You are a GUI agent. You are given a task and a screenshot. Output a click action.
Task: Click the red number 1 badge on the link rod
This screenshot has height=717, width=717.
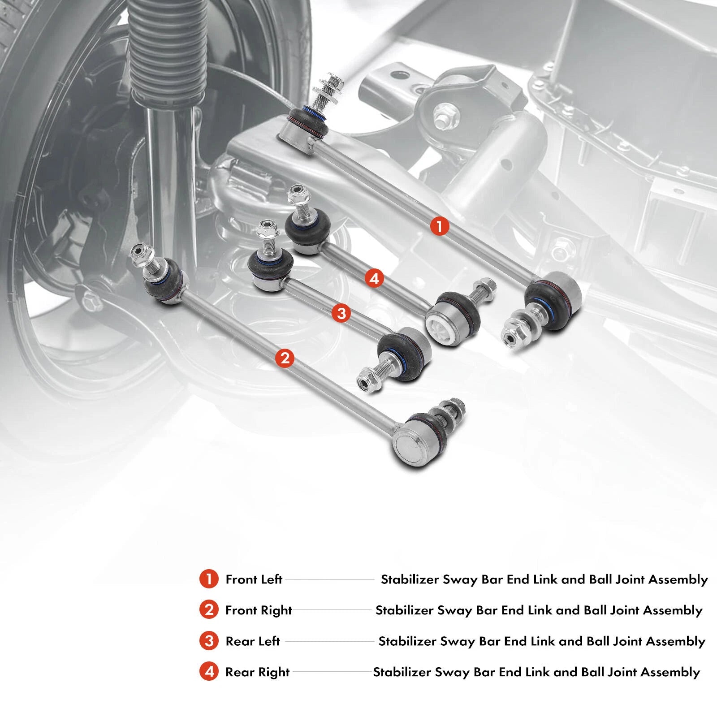click(x=439, y=226)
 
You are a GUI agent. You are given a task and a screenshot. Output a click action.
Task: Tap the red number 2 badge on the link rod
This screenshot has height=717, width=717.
click(x=285, y=358)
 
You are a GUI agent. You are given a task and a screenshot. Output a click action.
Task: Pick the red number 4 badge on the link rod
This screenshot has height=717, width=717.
click(x=374, y=279)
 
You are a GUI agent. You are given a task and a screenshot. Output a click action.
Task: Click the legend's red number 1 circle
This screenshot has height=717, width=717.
click(x=208, y=579)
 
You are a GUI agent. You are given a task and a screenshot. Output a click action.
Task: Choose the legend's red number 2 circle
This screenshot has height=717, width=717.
click(x=208, y=610)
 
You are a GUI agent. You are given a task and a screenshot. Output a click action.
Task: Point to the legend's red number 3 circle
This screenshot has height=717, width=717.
click(x=208, y=641)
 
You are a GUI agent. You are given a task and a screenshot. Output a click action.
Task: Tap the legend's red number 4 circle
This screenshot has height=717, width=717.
click(x=208, y=672)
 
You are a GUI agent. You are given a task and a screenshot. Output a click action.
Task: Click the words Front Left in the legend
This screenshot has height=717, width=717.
click(x=254, y=579)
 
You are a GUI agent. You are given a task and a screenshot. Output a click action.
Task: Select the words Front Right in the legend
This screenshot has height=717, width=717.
click(x=259, y=610)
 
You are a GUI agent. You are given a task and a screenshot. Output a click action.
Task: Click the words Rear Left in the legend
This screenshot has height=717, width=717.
click(x=253, y=641)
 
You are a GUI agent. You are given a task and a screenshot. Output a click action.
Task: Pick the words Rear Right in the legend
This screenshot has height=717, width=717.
click(x=258, y=672)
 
